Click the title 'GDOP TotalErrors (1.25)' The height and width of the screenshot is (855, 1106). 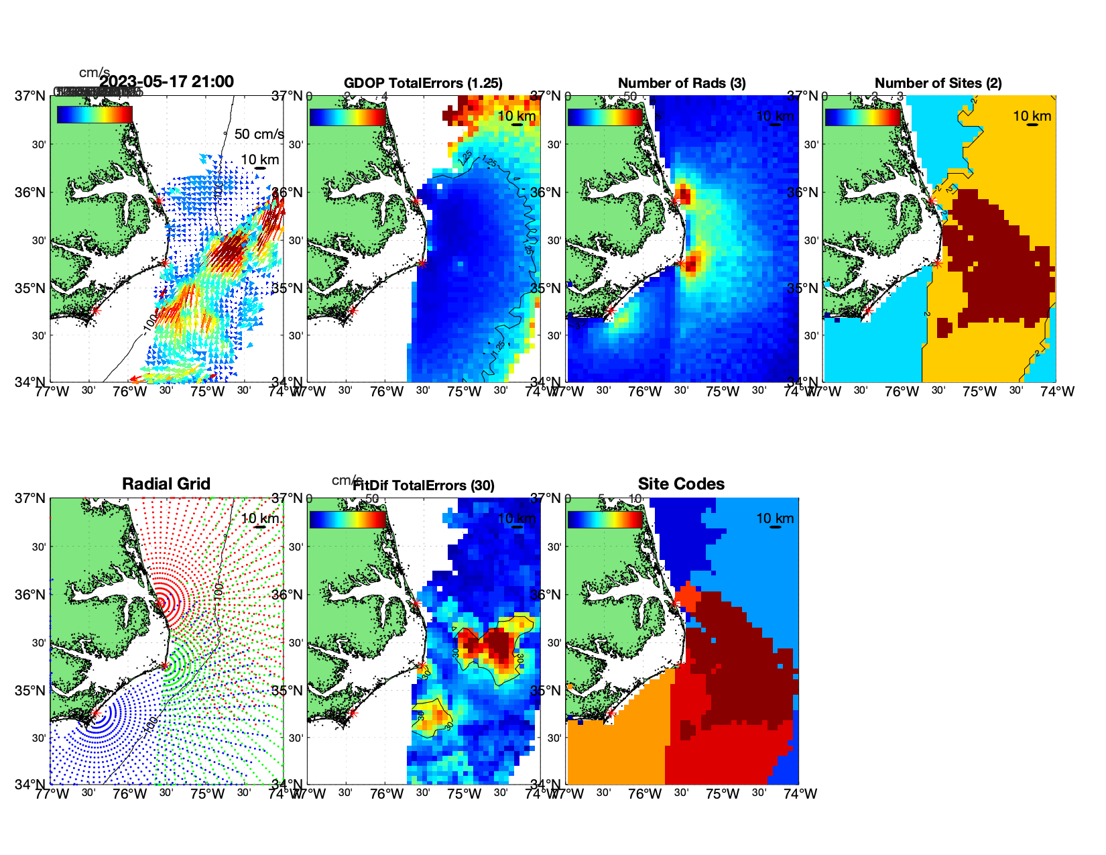click(x=423, y=83)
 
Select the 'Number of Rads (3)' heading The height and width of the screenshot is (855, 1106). click(x=682, y=83)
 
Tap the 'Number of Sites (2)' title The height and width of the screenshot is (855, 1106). click(x=938, y=83)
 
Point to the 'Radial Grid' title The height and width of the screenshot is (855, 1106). click(x=166, y=484)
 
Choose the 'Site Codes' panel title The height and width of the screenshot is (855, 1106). click(x=681, y=484)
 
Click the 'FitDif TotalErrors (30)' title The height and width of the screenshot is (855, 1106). click(x=424, y=486)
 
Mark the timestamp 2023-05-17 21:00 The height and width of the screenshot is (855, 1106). click(x=167, y=82)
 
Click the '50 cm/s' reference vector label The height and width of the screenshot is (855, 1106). click(x=259, y=134)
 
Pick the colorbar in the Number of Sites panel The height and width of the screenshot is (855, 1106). click(x=863, y=117)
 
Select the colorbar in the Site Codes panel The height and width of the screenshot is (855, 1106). click(x=605, y=520)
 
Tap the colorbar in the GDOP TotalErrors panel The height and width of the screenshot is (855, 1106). click(x=348, y=117)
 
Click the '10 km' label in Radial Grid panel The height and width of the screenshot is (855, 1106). click(x=259, y=518)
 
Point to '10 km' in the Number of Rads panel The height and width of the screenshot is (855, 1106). click(x=775, y=116)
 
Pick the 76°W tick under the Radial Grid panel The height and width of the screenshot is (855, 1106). click(x=129, y=794)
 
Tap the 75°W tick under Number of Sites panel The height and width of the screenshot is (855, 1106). click(x=979, y=392)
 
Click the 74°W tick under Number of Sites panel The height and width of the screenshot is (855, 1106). click(x=1057, y=392)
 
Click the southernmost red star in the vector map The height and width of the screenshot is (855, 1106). click(x=95, y=310)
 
